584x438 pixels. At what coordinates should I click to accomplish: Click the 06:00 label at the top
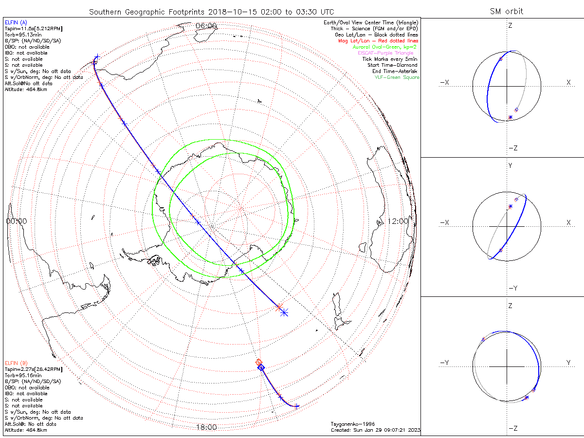[206, 26]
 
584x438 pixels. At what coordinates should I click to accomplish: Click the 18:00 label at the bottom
[206, 427]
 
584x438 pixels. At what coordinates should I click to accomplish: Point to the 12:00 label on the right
[398, 221]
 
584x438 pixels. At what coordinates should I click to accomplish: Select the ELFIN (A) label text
[16, 22]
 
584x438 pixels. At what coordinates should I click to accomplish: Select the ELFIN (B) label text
[16, 363]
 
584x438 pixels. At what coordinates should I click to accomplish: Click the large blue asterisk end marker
[284, 312]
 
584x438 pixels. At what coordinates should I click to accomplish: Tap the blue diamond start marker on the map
[261, 368]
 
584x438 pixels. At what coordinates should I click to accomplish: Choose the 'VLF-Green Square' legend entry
[397, 77]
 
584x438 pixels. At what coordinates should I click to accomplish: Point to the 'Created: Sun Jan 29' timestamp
[375, 430]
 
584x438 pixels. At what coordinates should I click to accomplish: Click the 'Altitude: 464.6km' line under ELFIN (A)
[26, 90]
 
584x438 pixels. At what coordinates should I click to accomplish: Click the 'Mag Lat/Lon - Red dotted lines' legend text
[380, 41]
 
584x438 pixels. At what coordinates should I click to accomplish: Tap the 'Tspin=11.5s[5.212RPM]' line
[34, 29]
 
